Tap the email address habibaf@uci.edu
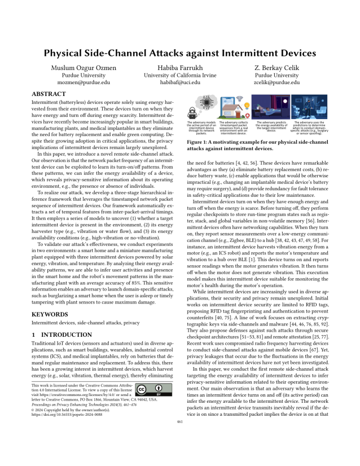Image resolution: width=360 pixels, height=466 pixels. (x=179, y=81)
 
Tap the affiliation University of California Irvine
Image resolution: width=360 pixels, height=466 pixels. (x=180, y=73)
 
